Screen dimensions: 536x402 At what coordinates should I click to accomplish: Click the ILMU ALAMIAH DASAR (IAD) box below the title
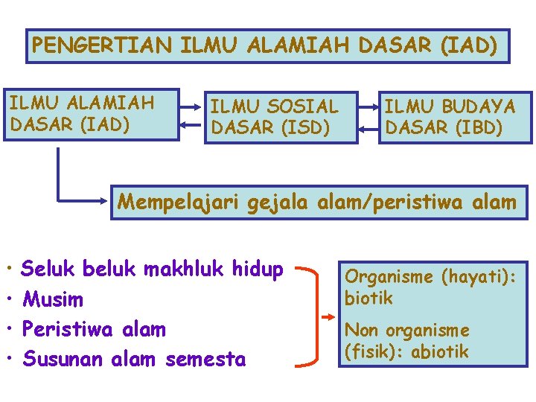pyautogui.click(x=92, y=115)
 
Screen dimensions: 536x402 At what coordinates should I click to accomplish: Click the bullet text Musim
pyautogui.click(x=53, y=300)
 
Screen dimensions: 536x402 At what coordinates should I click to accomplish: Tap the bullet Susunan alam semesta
pyautogui.click(x=134, y=359)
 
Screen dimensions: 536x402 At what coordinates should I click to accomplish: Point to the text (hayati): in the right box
pyautogui.click(x=473, y=277)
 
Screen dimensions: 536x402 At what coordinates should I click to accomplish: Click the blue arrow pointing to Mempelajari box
pyautogui.click(x=82, y=200)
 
